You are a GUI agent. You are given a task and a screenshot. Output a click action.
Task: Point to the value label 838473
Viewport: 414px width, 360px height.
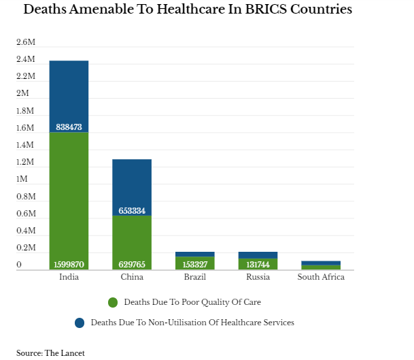click(x=69, y=127)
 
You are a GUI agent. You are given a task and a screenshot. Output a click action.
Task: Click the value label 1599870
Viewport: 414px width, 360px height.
click(x=69, y=265)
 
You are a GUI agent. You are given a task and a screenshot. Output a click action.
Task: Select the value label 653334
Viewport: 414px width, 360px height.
click(x=132, y=211)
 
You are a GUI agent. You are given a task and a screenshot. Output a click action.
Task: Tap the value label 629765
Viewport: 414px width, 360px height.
click(x=132, y=265)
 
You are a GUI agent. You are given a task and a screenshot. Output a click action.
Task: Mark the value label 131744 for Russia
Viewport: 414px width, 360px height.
click(x=258, y=265)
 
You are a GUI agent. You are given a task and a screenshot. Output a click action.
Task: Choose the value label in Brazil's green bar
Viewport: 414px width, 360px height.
click(x=195, y=265)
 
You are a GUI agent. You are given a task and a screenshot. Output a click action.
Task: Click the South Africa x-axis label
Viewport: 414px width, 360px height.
click(x=321, y=277)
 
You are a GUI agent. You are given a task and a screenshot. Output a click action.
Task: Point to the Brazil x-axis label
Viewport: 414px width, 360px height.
click(x=195, y=277)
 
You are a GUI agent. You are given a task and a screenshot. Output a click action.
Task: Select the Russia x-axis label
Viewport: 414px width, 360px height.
click(x=258, y=277)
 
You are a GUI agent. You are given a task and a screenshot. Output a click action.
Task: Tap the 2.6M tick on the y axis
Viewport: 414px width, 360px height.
click(x=26, y=42)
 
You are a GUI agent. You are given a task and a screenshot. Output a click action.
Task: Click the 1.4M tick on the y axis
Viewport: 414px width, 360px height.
click(x=26, y=145)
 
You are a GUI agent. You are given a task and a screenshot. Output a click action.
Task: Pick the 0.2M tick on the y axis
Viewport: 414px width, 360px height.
click(x=26, y=248)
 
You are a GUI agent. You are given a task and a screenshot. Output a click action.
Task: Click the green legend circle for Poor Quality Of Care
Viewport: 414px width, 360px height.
click(x=113, y=301)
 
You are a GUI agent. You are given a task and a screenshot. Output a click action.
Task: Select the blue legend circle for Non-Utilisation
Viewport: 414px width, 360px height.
click(x=80, y=323)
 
